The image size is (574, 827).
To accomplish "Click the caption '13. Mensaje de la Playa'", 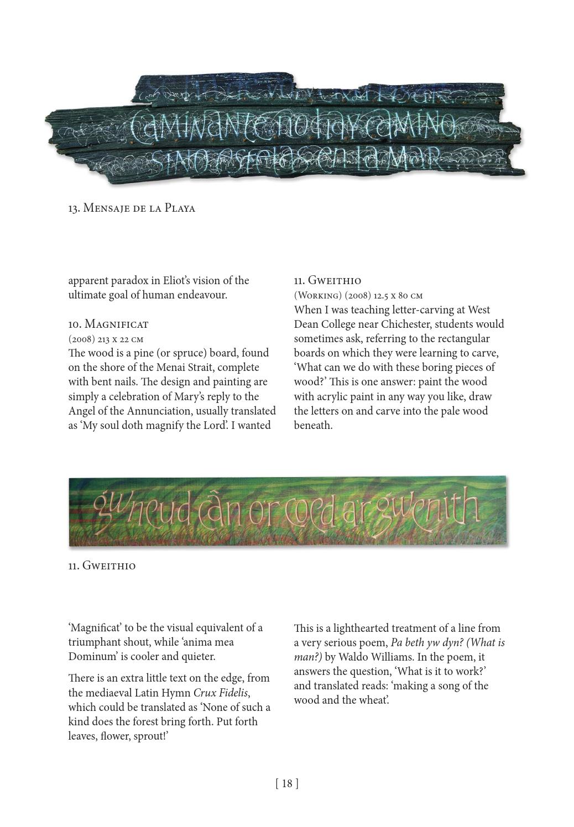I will [132, 208].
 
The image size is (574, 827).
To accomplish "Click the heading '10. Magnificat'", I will [108, 323].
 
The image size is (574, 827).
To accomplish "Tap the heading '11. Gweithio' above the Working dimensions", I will [327, 280].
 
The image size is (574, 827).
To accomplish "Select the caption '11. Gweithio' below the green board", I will [102, 566].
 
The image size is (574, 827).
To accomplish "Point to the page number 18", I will [286, 783].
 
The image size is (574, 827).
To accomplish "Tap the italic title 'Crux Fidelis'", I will [220, 693].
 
